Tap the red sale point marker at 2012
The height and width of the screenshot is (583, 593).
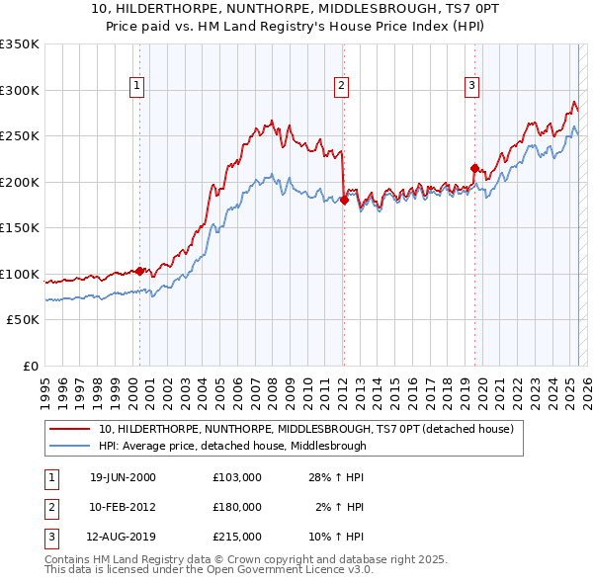coord(344,200)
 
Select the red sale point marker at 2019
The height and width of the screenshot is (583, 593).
coord(475,168)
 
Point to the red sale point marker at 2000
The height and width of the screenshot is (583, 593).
coord(140,271)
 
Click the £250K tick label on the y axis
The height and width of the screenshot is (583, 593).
coord(20,135)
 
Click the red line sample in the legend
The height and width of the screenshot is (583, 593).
coord(70,430)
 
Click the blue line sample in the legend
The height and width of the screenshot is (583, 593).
coord(70,446)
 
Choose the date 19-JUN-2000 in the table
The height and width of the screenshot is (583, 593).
coord(123,477)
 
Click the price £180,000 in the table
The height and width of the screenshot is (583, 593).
coord(236,507)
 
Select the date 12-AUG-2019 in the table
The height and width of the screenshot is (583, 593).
coord(123,537)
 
